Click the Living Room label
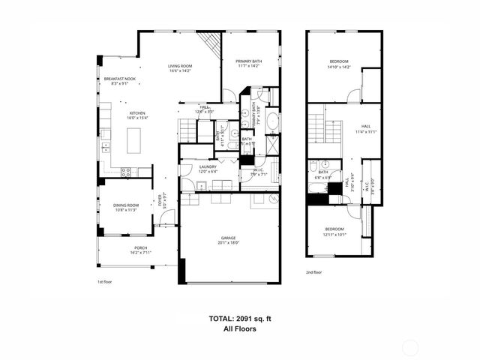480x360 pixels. (x=179, y=67)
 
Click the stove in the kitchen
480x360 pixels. (x=125, y=172)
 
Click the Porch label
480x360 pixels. (x=140, y=247)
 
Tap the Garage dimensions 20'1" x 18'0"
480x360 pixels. (x=229, y=242)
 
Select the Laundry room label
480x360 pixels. (x=208, y=166)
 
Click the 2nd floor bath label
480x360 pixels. (x=323, y=172)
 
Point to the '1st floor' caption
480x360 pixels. (x=105, y=282)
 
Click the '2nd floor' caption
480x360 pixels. (x=313, y=272)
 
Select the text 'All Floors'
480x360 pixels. (x=240, y=328)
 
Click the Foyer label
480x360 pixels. (x=159, y=201)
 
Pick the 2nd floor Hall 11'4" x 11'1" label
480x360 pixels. (x=365, y=129)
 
